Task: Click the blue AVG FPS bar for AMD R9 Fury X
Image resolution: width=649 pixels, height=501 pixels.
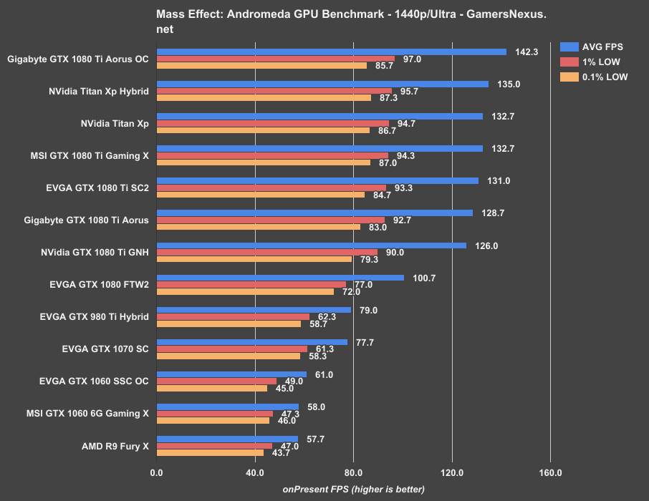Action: click(x=227, y=439)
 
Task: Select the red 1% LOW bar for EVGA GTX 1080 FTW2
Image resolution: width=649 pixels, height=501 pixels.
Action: click(x=251, y=284)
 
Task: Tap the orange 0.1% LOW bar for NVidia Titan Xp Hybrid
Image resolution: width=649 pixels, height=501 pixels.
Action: click(x=264, y=98)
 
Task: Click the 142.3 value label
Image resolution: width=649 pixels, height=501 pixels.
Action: click(x=528, y=52)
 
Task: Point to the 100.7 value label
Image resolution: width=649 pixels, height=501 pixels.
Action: click(x=426, y=278)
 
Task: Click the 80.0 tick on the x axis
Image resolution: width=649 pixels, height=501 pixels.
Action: click(x=353, y=473)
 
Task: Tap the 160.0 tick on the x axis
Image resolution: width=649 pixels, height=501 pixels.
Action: click(x=550, y=473)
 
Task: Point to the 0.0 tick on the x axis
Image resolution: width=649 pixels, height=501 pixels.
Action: click(x=157, y=473)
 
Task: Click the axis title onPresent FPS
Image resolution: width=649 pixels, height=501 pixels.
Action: click(x=353, y=490)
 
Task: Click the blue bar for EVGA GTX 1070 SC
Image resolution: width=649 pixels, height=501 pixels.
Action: click(x=251, y=342)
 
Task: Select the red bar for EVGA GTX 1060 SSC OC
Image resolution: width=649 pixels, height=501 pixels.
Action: click(x=216, y=381)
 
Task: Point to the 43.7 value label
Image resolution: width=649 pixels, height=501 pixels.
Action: click(x=281, y=452)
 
